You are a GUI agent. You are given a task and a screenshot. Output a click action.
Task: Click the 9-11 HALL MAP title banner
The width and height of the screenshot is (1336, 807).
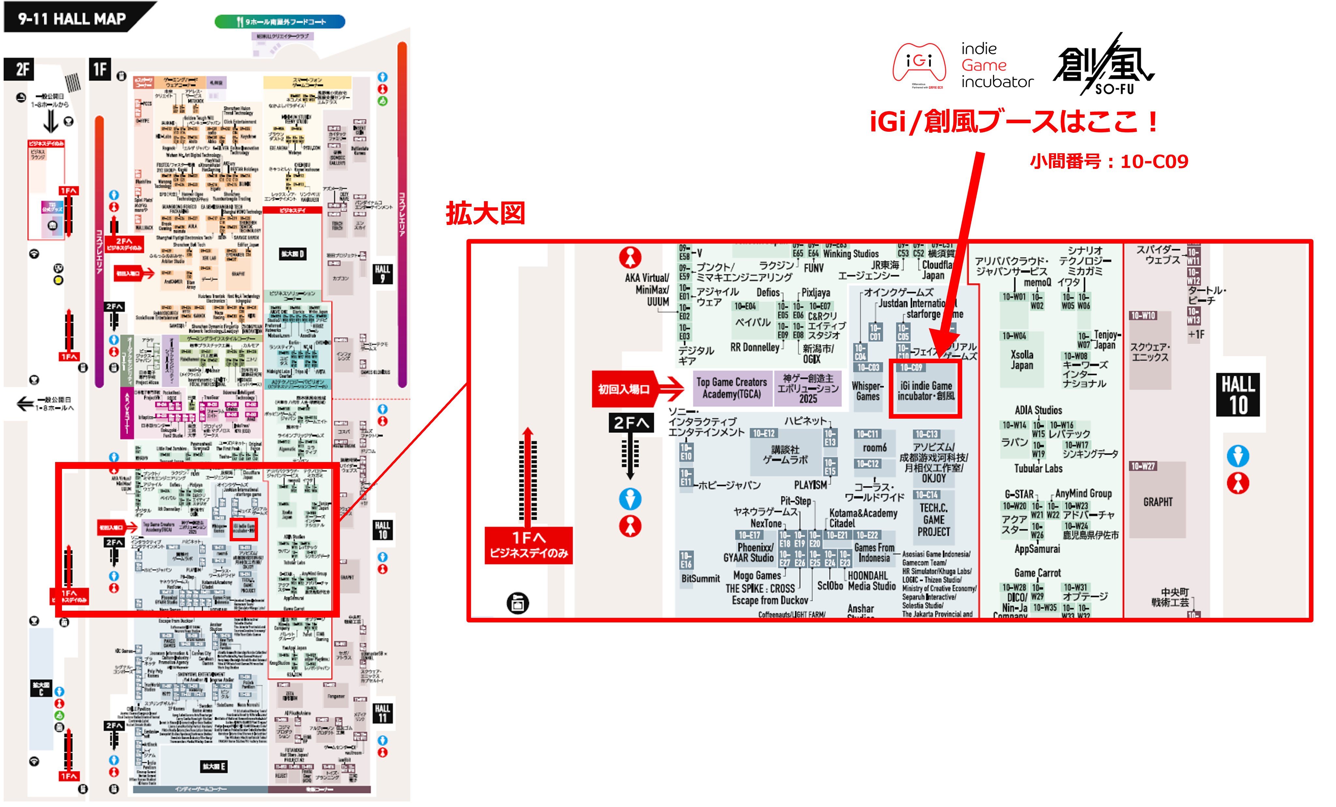(x=73, y=19)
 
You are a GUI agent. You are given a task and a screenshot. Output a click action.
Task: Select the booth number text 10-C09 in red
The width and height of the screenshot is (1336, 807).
(x=1154, y=161)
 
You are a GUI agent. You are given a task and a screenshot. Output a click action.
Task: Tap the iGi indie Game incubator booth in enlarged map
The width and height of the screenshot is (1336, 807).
(x=926, y=390)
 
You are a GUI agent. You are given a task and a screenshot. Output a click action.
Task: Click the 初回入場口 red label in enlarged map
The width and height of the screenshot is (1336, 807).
(x=624, y=389)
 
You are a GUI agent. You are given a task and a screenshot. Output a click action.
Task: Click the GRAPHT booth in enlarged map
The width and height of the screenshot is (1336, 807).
(x=1158, y=502)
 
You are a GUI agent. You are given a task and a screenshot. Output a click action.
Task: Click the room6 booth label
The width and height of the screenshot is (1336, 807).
(x=874, y=448)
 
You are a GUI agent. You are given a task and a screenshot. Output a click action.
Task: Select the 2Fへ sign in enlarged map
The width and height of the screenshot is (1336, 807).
(x=630, y=423)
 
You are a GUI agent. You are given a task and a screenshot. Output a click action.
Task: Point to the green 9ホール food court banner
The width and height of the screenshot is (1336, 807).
(x=280, y=22)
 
